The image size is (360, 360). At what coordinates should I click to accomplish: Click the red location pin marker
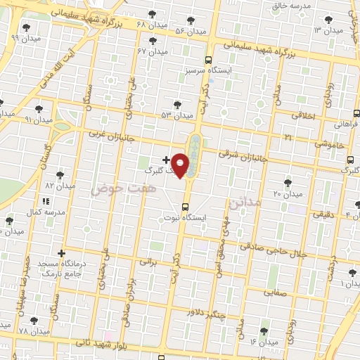coord(181,165)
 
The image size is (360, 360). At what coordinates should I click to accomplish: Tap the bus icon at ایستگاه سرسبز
coord(208,60)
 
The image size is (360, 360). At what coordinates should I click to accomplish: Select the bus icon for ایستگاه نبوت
coord(185,207)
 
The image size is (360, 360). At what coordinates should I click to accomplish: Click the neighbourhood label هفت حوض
coord(111,189)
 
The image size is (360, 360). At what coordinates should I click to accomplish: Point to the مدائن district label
coord(244,203)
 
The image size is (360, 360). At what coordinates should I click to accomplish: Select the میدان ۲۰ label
coord(287,193)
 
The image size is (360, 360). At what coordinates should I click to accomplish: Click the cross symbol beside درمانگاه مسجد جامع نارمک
coord(62,253)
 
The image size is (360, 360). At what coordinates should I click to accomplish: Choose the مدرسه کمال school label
coord(46,212)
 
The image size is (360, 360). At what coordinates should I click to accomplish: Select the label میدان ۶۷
coord(153,51)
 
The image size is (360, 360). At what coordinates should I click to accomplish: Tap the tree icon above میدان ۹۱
coord(39,109)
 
